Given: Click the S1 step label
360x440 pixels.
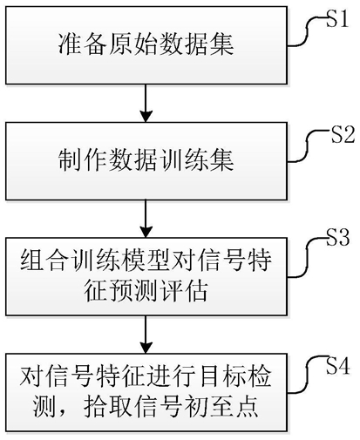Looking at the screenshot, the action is (336, 20).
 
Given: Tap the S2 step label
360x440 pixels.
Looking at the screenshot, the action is (343, 135).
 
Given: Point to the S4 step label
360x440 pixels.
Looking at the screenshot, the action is (337, 366).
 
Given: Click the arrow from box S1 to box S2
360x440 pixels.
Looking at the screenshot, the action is (146, 103).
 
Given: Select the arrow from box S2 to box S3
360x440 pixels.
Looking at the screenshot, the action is (146, 219).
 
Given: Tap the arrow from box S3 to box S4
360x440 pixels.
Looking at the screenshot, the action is (146, 335).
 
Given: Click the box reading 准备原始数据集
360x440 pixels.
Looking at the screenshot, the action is (146, 45).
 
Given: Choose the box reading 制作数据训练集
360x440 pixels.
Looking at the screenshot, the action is (146, 161).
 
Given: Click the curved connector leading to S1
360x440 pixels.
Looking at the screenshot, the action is (307, 30).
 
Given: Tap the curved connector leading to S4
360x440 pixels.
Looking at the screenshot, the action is (307, 377).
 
